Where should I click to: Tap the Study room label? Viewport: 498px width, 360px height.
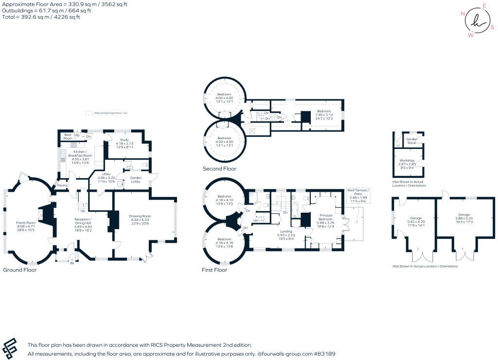pos(124,140)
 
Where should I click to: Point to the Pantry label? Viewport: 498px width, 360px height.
pos(62,185)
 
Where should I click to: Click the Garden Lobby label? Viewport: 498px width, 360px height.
pos(135,180)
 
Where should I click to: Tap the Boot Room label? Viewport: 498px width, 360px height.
pos(68,137)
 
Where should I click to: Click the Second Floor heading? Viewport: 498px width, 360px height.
pos(219,169)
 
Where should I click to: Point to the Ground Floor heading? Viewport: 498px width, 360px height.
pos(19,270)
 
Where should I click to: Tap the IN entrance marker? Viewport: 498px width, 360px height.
pos(72,263)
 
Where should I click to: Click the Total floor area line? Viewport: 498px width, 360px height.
pos(41,17)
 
